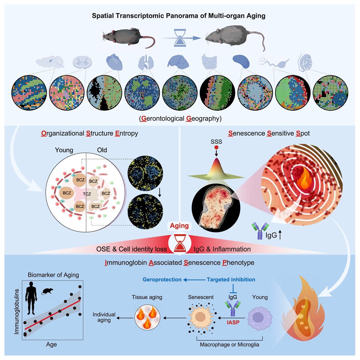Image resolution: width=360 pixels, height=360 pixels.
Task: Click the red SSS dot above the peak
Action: click(x=216, y=148)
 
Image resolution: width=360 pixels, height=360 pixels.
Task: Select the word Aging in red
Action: click(x=180, y=226)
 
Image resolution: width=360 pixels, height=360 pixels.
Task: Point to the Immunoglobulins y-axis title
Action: click(x=16, y=307)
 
